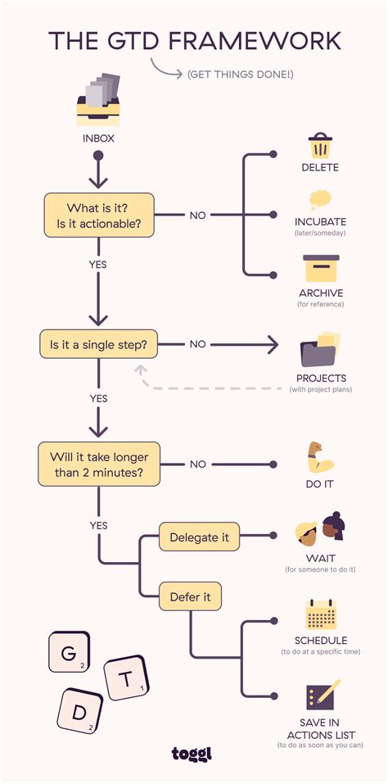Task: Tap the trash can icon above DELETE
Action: click(x=320, y=147)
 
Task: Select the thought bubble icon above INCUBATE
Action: click(x=320, y=201)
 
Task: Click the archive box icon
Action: click(x=320, y=267)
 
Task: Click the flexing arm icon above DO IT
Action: click(x=319, y=456)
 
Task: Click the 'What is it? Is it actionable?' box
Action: click(x=98, y=215)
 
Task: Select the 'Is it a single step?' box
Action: click(x=98, y=344)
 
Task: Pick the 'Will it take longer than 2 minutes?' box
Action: click(x=98, y=464)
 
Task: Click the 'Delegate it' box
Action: click(x=199, y=538)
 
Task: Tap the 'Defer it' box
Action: click(x=190, y=597)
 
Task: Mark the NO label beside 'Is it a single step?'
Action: click(x=197, y=344)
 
